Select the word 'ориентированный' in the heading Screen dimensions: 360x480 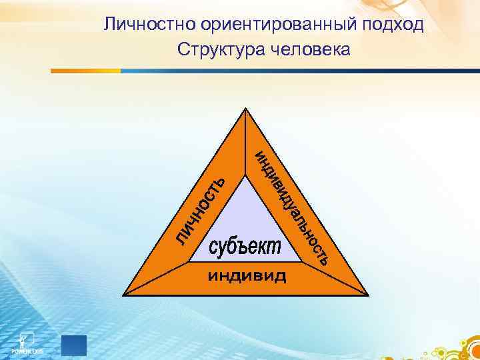click(x=269, y=26)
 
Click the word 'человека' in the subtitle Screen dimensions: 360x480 click(x=311, y=50)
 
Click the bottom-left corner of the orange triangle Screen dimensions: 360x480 click(x=125, y=294)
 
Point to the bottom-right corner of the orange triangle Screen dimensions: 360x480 click(x=367, y=294)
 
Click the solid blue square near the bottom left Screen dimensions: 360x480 click(x=74, y=345)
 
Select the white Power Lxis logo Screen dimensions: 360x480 click(x=27, y=341)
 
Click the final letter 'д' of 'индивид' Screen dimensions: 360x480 click(x=281, y=276)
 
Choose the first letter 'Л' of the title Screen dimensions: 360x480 click(x=109, y=26)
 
